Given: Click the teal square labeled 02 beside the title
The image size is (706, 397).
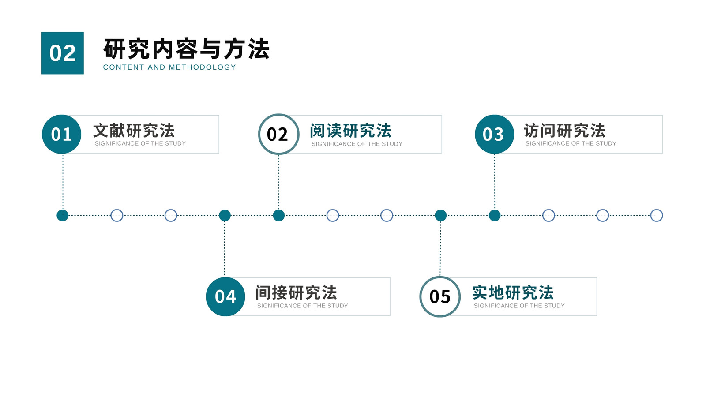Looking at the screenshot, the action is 62,53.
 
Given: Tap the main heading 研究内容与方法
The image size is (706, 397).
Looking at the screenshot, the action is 186,49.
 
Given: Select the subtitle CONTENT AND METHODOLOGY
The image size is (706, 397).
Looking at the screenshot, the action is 169,67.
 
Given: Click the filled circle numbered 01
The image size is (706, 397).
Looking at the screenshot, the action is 61,134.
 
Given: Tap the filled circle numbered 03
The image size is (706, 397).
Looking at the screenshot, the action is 495,134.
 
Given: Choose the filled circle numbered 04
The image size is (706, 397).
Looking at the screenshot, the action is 225,296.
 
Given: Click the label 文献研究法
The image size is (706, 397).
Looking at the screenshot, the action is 134,131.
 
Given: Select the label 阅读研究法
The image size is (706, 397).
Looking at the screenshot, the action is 350,131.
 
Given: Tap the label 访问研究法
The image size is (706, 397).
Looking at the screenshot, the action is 564,131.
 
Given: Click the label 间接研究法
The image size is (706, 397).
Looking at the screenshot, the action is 296,293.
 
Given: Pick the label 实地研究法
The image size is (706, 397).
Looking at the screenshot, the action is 513,293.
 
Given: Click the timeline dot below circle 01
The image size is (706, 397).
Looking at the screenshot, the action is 62,216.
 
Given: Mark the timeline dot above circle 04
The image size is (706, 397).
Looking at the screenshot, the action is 225,216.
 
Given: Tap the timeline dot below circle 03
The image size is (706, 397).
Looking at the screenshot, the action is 495,216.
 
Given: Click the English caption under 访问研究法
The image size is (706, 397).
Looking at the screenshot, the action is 571,143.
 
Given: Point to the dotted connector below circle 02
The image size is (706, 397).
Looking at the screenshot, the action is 278,182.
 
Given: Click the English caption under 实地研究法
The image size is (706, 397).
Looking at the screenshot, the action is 519,306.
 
